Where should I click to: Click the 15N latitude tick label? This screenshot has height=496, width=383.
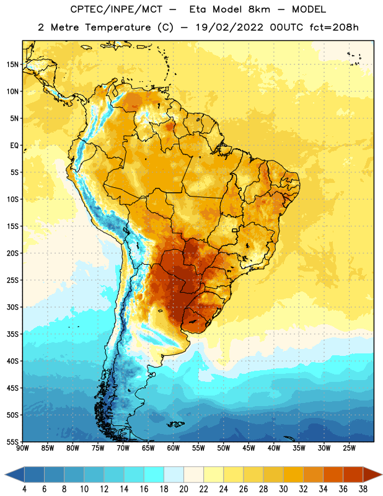point(12,64)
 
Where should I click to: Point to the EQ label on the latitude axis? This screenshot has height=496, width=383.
point(14,146)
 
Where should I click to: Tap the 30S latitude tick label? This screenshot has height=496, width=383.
point(12,307)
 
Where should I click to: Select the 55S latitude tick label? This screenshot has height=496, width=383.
point(12,441)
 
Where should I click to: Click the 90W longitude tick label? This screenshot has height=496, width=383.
point(22,448)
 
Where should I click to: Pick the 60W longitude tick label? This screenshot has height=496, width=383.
point(174,448)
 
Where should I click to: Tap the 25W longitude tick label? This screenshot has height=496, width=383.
point(349,448)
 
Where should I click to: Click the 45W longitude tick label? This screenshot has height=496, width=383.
point(249,448)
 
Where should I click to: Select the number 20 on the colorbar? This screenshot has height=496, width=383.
point(183,489)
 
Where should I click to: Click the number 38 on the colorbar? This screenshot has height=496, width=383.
point(363,489)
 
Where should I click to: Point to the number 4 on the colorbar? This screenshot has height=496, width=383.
point(24,489)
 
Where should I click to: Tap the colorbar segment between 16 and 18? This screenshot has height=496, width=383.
point(154,474)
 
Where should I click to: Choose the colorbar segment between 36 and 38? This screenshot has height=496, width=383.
point(353,474)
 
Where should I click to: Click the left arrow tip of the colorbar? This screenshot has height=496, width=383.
point(5,474)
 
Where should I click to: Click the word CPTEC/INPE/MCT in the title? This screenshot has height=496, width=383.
point(117,9)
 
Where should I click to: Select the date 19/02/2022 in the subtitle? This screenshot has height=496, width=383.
point(229,27)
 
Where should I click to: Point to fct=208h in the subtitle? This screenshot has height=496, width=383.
point(334,27)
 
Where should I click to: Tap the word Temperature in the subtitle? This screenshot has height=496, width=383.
point(118,28)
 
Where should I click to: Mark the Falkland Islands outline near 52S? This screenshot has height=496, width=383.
point(176,424)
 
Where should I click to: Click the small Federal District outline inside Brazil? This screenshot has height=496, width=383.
point(235,230)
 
